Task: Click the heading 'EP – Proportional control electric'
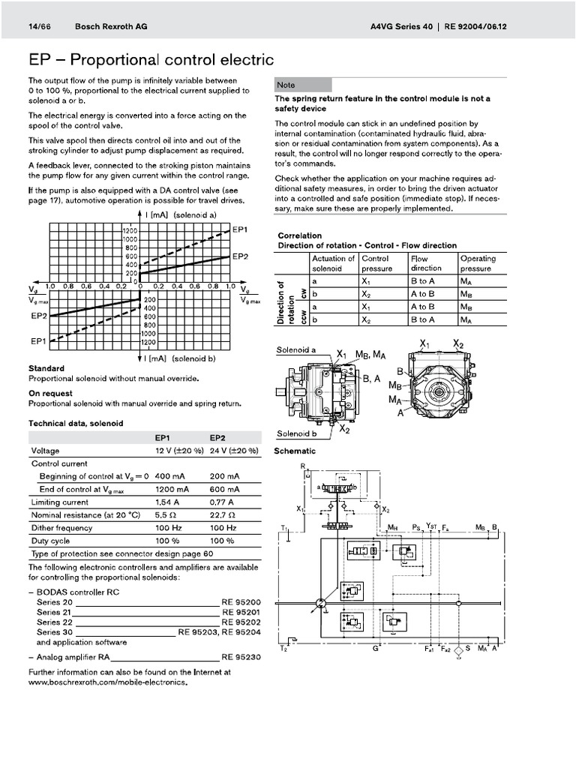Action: click(151, 59)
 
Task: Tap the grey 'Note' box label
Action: click(286, 85)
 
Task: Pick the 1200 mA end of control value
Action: click(171, 489)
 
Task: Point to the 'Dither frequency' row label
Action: click(62, 527)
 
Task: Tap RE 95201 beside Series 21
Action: click(240, 612)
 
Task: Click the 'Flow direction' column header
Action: click(426, 263)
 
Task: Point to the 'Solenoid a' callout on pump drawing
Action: click(296, 350)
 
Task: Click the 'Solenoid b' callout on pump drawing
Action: click(296, 433)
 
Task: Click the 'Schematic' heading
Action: click(295, 451)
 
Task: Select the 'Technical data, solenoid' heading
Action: click(76, 424)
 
